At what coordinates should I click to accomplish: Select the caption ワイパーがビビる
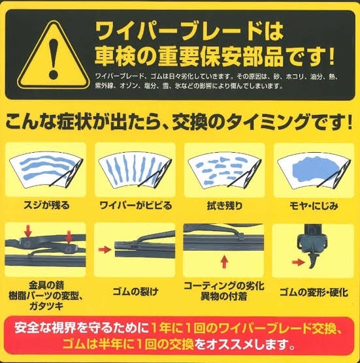[135, 206]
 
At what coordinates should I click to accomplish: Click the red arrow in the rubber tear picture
[103, 249]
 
